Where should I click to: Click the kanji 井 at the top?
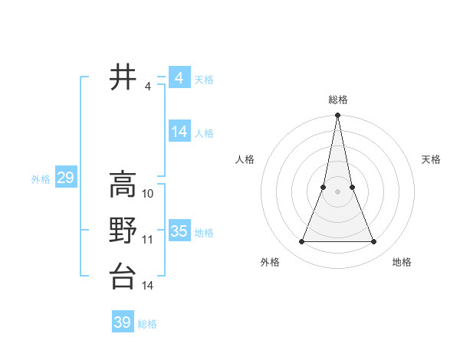[x=123, y=77]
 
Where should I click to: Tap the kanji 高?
[x=123, y=184]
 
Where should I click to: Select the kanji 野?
[x=123, y=231]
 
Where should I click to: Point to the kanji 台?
[x=123, y=277]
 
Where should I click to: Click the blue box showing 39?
[x=122, y=322]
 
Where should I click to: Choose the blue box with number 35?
[x=179, y=231]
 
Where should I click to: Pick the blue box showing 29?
[x=65, y=178]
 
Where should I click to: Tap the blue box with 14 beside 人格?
[x=179, y=132]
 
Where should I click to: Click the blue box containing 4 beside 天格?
[x=179, y=78]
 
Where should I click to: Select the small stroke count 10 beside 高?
[x=149, y=193]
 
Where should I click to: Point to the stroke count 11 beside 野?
[x=148, y=240]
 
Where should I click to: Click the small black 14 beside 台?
[x=148, y=286]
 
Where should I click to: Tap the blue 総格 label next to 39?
[x=147, y=324]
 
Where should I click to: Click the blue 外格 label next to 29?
[x=41, y=179]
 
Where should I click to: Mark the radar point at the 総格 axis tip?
[x=337, y=116]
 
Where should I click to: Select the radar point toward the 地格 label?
[x=374, y=242]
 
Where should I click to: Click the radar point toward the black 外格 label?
[x=301, y=242]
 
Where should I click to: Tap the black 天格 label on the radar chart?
[x=432, y=159]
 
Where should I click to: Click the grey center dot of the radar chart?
[x=337, y=191]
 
